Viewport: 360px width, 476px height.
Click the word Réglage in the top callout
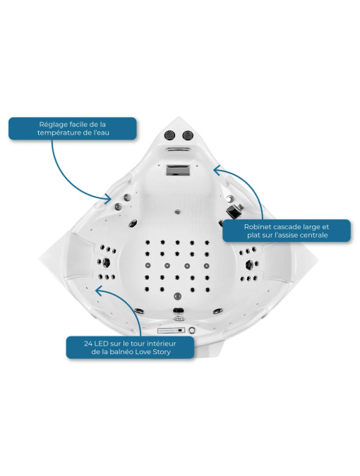click(x=50, y=125)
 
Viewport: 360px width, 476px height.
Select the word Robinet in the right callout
click(x=256, y=227)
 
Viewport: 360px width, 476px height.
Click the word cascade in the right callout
click(x=281, y=227)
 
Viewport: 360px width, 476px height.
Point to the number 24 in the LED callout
click(x=88, y=343)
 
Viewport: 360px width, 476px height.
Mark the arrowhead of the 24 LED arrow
click(x=99, y=291)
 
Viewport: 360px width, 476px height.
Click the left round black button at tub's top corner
click(x=169, y=135)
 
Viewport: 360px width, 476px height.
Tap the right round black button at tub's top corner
click(x=188, y=135)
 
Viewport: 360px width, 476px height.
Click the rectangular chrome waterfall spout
click(x=177, y=170)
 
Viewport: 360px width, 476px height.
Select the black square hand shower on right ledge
click(x=234, y=210)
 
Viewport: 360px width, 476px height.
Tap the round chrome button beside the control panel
click(x=191, y=330)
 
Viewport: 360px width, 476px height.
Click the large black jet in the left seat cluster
click(x=106, y=262)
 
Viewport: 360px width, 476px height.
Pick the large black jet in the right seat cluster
click(x=249, y=264)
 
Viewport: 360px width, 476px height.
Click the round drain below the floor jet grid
click(x=178, y=296)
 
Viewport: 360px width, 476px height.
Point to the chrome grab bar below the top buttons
click(x=179, y=149)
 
